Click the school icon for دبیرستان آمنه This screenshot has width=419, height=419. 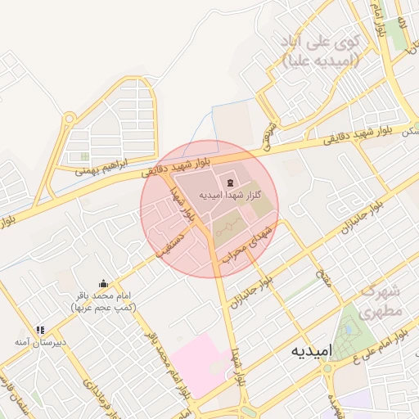pyautogui.click(x=40, y=331)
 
